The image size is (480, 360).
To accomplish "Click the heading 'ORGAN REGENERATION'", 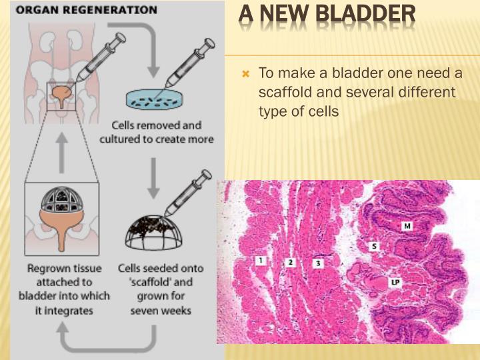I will pos(83,11).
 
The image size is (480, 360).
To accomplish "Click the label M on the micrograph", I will pos(407,227).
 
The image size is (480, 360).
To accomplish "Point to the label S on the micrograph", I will pos(374,247).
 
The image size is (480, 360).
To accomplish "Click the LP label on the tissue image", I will pos(395,283).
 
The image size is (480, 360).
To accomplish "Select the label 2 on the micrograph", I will pos(291,263).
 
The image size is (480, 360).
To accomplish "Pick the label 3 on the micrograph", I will pos(319,263).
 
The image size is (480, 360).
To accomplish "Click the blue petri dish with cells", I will pos(153,100).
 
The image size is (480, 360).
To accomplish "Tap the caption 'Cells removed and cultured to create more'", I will pos(157,132).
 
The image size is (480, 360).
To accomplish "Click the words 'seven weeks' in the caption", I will pos(161,311).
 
